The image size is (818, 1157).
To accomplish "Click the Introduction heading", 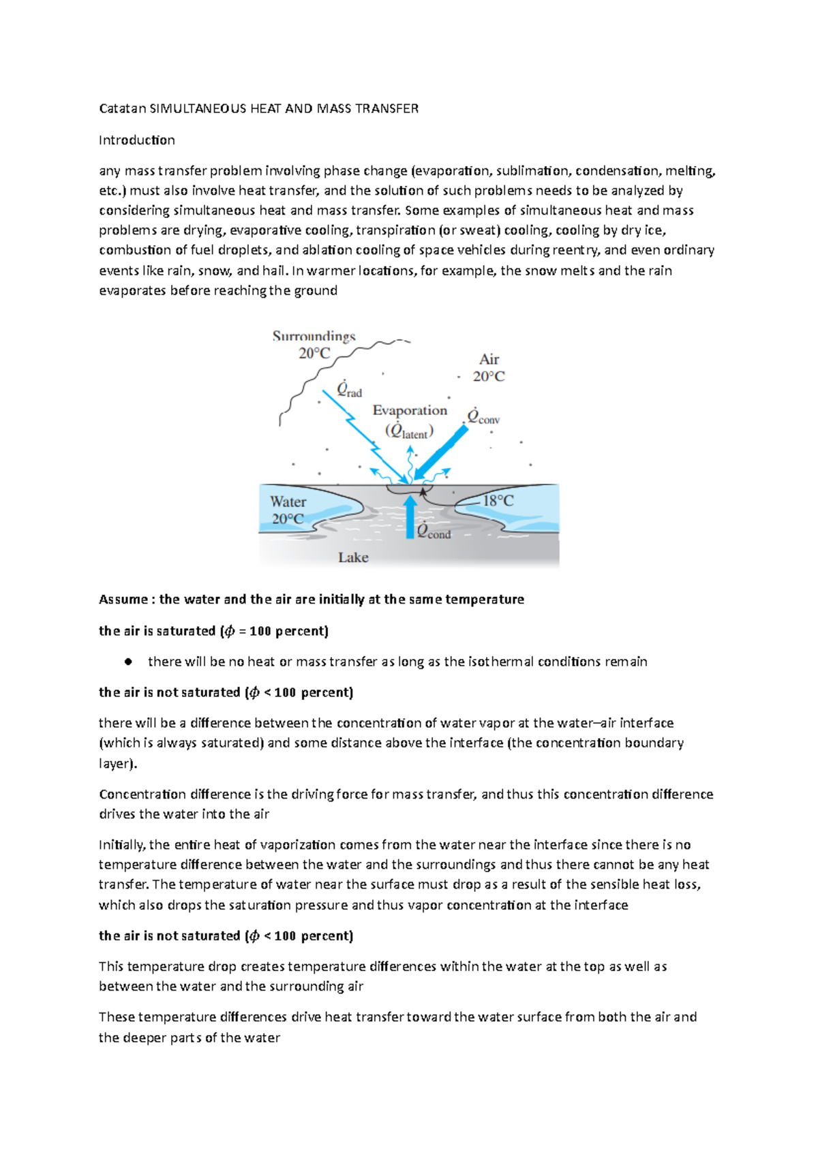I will click(137, 140).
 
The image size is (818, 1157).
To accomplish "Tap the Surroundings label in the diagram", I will click(314, 337).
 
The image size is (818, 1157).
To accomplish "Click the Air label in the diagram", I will click(489, 360).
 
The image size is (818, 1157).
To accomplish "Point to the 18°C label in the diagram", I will click(498, 501).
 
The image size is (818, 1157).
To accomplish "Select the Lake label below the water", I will click(353, 557).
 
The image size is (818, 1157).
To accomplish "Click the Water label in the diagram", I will click(288, 502).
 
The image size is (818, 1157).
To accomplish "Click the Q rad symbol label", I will click(349, 390).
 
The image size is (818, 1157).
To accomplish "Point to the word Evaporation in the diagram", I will click(410, 410).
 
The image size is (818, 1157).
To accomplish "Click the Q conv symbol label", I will click(483, 417).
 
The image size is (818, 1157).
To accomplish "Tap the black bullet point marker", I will click(127, 662).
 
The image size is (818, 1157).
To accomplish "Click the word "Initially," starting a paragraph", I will click(122, 845).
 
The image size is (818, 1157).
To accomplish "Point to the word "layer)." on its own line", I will click(118, 764).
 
